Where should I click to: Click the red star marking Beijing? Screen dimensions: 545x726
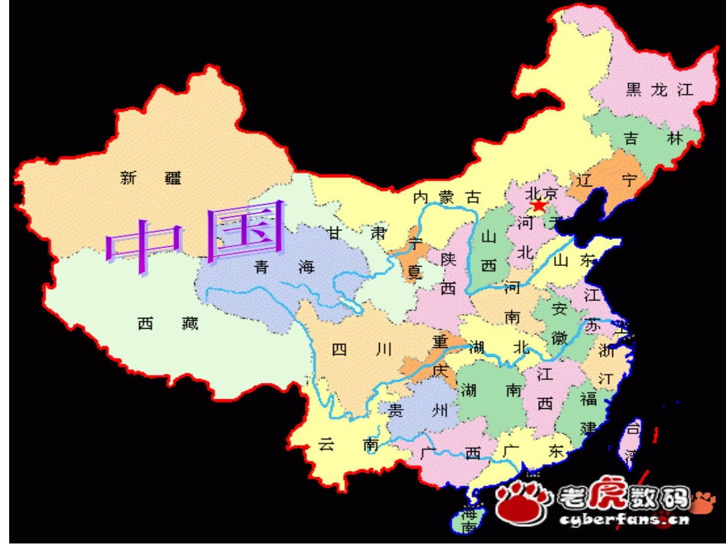539,206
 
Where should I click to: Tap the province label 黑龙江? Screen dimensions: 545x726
658,89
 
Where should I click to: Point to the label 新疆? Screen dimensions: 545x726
151,179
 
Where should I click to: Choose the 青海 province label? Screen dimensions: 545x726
284,267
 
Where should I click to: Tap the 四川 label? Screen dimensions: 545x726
362,350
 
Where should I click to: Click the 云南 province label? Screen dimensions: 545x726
348,444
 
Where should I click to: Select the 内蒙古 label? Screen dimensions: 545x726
447,197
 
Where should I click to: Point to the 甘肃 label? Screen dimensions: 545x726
357,232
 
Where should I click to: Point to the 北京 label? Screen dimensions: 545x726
543,192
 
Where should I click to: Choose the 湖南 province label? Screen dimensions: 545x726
490,390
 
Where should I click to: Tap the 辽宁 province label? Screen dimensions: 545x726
608,180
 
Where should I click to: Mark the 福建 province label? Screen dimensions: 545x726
588,413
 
